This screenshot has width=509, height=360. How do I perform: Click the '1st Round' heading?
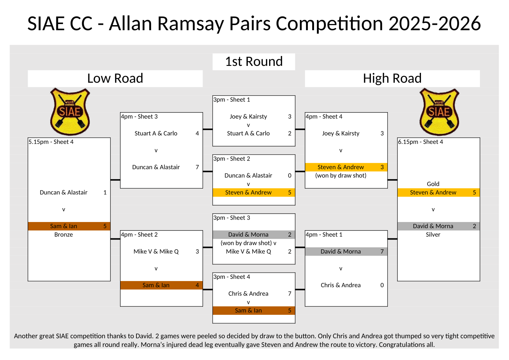[254, 62]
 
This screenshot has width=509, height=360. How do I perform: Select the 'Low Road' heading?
[115, 78]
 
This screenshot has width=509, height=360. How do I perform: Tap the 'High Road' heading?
[392, 78]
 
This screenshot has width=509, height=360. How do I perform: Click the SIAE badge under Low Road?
[69, 111]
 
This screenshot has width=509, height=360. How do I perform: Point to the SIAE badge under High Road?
[439, 111]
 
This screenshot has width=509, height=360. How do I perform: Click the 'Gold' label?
[433, 184]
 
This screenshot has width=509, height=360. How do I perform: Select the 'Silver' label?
[433, 235]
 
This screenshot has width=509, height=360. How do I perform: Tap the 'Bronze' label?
[64, 235]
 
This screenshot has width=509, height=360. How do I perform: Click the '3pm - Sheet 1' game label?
[232, 100]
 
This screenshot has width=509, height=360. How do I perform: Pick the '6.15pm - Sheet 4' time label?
[421, 142]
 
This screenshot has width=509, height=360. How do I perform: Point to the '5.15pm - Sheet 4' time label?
[51, 142]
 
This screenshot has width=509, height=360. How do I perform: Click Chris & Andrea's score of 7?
[290, 294]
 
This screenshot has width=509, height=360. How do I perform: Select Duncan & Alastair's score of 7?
[197, 167]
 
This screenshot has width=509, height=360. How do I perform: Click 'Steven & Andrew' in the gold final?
[433, 193]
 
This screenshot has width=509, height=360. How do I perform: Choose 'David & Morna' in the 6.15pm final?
[433, 226]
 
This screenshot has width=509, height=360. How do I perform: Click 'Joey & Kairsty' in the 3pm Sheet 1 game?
[248, 116]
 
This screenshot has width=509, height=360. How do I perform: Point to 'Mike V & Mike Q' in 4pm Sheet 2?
[156, 252]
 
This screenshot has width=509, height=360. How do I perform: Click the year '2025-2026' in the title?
[434, 24]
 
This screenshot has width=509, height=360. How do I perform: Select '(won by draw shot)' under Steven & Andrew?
[341, 175]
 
